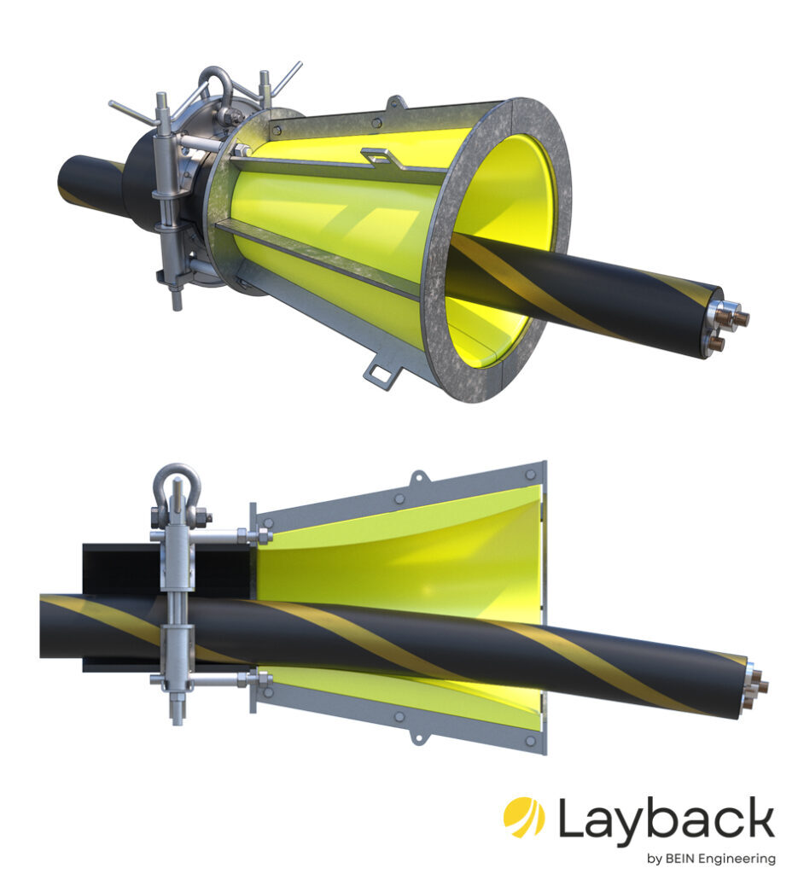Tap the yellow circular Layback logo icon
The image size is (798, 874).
pyautogui.click(x=524, y=818)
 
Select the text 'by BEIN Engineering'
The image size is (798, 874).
pyautogui.click(x=710, y=858)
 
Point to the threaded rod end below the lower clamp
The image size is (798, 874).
pyautogui.click(x=177, y=713)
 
